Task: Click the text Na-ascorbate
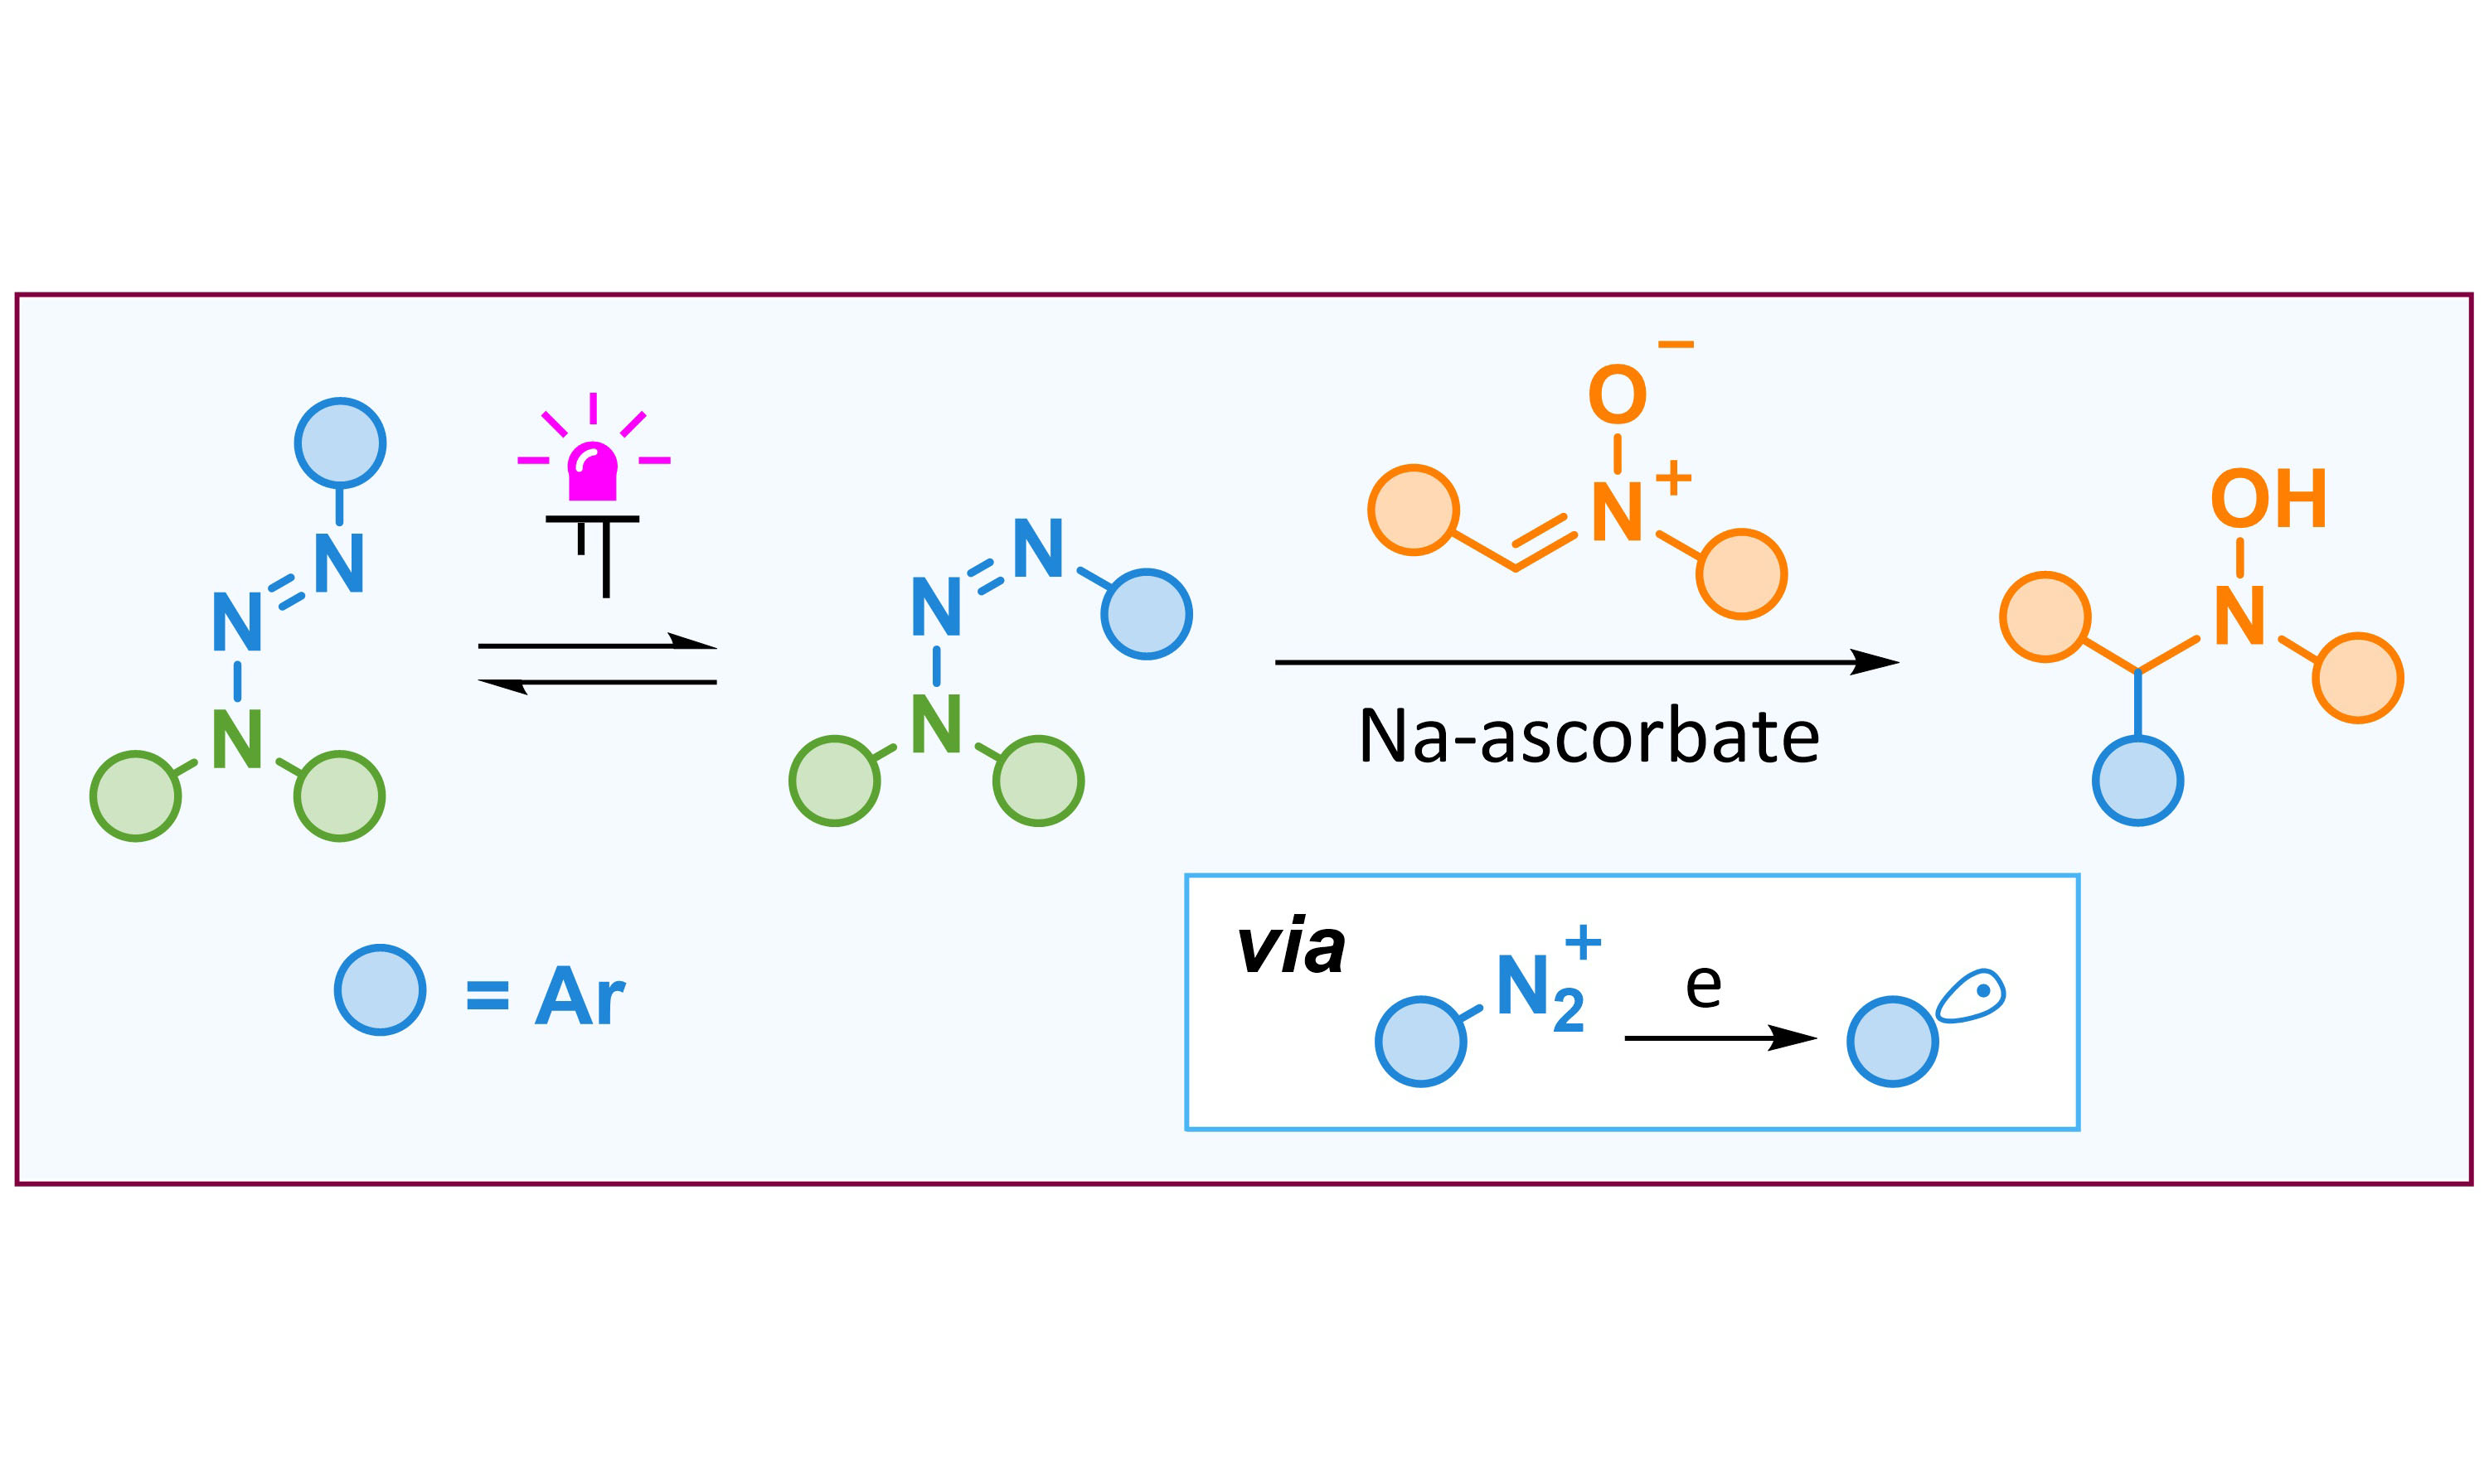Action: click(1589, 737)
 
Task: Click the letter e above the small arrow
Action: click(1703, 986)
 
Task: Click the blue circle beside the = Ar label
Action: click(380, 989)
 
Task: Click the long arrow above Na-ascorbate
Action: click(1586, 662)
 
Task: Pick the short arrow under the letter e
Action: click(1720, 1038)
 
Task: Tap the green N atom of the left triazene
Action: click(237, 739)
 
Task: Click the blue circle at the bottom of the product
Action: click(2137, 780)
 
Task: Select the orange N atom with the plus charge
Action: click(1617, 511)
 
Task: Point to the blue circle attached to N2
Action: click(1420, 1041)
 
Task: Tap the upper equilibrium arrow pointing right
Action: click(598, 643)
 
